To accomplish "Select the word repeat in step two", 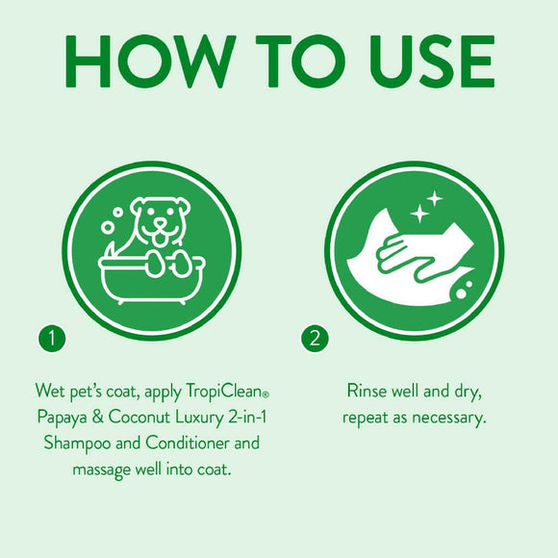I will (x=366, y=418).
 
